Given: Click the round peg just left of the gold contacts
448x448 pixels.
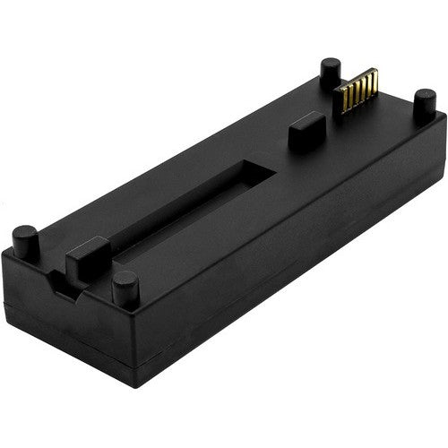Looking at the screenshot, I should pyautogui.click(x=331, y=70).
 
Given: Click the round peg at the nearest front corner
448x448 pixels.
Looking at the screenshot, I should pyautogui.click(x=125, y=288).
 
